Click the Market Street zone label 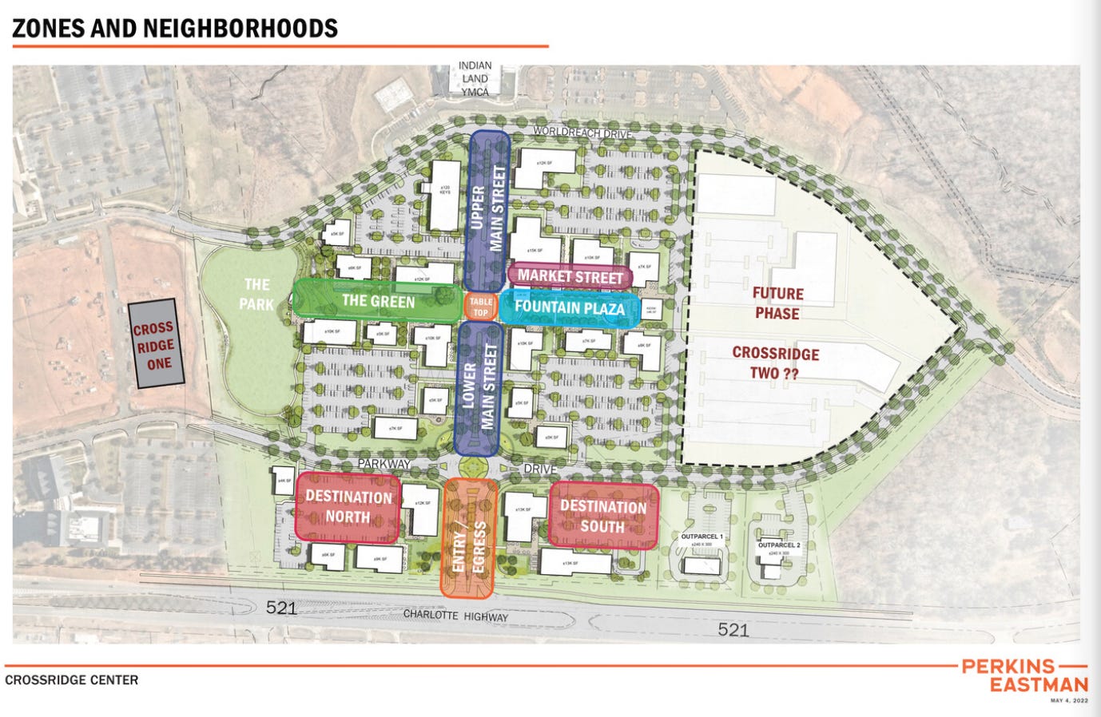[x=570, y=276]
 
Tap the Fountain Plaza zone [x=569, y=307]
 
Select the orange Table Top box [x=480, y=307]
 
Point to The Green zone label [x=378, y=301]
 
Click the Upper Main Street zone [x=489, y=209]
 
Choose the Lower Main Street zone [x=478, y=387]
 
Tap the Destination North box [x=348, y=507]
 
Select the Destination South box [x=603, y=516]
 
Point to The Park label [x=256, y=294]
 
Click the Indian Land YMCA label [x=475, y=78]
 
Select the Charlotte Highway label [x=455, y=615]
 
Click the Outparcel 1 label [x=702, y=537]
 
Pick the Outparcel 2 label [x=779, y=545]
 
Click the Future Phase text [x=777, y=303]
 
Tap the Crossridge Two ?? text [x=775, y=362]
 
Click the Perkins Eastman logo [x=1025, y=675]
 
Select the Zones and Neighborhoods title [x=175, y=29]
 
